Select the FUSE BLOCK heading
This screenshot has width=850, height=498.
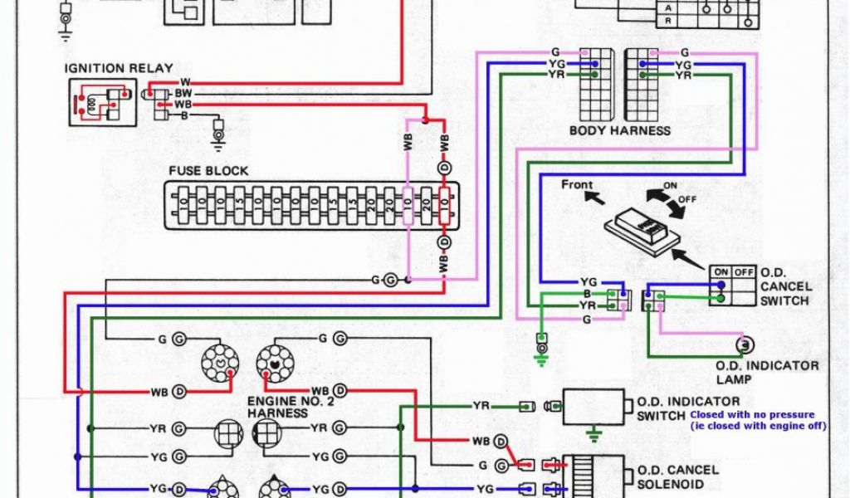[208, 171]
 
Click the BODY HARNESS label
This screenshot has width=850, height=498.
[619, 130]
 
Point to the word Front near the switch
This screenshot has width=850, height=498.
[577, 184]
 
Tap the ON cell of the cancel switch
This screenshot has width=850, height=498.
[720, 271]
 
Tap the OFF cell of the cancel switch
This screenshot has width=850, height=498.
[744, 271]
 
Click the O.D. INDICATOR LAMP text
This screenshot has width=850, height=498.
[767, 372]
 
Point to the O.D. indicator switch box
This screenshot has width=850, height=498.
[594, 406]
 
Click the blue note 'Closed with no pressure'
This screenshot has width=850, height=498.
[752, 414]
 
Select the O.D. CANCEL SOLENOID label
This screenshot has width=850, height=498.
[676, 477]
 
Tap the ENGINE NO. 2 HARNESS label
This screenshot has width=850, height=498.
[283, 406]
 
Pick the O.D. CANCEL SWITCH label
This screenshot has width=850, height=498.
[784, 286]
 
